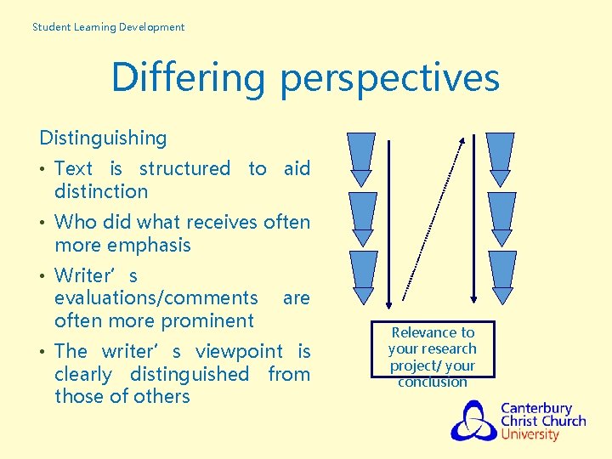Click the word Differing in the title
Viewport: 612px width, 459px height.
tap(190, 77)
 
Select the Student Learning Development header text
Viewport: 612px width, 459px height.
tap(108, 27)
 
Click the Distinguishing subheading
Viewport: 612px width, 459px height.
tap(103, 138)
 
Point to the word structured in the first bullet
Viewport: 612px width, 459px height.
tap(184, 168)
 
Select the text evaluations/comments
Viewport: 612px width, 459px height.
tap(156, 297)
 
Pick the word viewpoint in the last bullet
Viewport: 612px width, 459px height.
tap(239, 351)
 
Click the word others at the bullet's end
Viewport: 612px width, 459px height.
tap(161, 396)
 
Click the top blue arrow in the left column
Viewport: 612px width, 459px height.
tap(363, 158)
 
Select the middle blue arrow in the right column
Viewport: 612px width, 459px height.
tap(502, 218)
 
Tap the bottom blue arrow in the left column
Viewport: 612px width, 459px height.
tap(363, 277)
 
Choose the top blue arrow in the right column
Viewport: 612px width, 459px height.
tap(501, 158)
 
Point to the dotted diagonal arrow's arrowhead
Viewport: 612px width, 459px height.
tap(461, 140)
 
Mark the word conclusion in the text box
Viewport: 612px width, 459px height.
tap(433, 382)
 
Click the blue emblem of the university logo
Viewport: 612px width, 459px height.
tap(473, 420)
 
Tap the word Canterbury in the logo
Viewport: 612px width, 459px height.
tap(536, 408)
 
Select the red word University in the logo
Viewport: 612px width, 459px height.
tap(530, 434)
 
